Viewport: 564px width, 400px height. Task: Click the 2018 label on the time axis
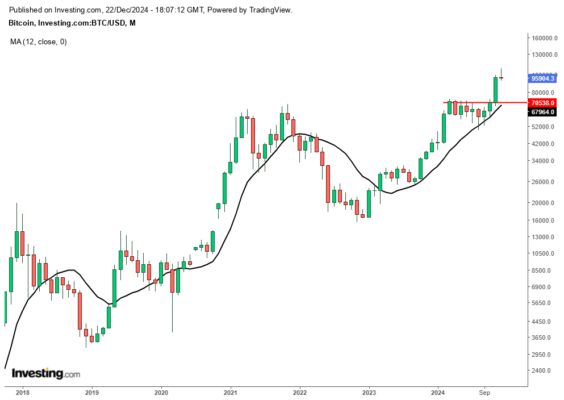point(22,393)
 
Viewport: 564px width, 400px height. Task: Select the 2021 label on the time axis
point(230,393)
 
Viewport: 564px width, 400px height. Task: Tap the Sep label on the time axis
point(484,393)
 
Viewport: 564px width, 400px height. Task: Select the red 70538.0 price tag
point(542,103)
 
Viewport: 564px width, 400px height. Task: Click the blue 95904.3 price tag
point(542,78)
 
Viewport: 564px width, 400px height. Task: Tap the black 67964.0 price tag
point(542,113)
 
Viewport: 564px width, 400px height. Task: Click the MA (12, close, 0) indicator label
point(39,41)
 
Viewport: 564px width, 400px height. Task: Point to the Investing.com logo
point(46,374)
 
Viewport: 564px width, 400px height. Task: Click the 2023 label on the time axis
point(369,393)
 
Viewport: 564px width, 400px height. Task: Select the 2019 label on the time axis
point(91,393)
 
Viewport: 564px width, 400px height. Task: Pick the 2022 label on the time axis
point(300,393)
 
